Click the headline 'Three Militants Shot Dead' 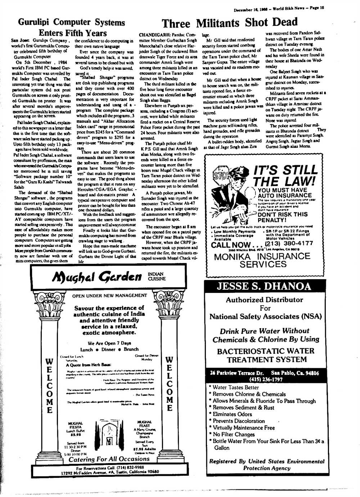(230, 23)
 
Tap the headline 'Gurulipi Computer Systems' (71, 22)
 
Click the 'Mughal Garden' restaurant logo (97, 276)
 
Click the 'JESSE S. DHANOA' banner (264, 286)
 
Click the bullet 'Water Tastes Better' (235, 387)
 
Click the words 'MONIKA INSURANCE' (262, 257)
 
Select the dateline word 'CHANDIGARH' (154, 36)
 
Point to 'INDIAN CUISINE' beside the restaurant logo (157, 276)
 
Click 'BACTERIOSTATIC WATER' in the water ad (265, 351)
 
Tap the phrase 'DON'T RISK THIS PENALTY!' (283, 217)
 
